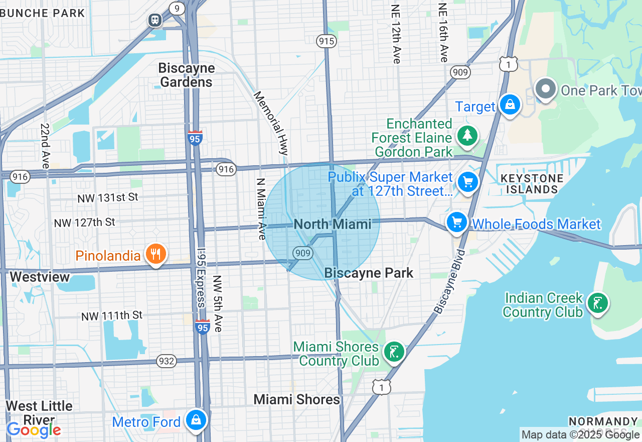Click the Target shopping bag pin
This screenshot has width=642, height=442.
coord(510,105)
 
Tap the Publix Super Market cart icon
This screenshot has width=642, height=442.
coord(468,182)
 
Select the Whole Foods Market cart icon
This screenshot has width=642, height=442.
coord(457,222)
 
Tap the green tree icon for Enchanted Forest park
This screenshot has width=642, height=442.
coord(467,135)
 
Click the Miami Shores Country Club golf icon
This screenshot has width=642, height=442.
coord(394,352)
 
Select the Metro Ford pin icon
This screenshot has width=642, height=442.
coord(196,420)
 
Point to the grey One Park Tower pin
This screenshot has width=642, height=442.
coord(545,89)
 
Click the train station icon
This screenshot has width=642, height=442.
coord(154,20)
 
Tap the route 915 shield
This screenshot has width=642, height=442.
coord(326,41)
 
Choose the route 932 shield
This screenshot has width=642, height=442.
coord(167,361)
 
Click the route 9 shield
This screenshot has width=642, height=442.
coord(177,8)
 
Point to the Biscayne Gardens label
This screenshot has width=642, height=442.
coord(187,75)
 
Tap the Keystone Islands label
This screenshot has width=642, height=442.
coord(532,184)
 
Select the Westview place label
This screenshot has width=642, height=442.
coord(40,277)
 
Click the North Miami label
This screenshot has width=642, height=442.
coord(333,224)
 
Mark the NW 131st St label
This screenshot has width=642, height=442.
coord(108,198)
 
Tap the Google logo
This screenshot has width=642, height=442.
coord(34,430)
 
